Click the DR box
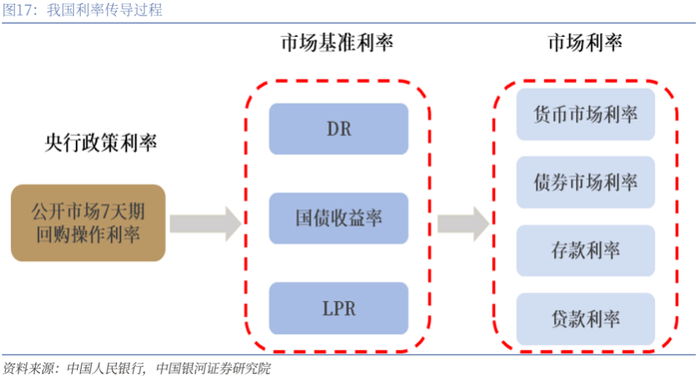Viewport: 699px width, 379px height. point(339,129)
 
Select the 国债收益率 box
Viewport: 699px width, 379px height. point(339,218)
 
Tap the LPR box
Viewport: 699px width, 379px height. point(339,308)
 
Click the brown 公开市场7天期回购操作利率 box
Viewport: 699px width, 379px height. point(88,222)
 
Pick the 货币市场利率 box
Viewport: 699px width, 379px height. point(585,115)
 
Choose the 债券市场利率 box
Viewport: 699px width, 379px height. point(585,183)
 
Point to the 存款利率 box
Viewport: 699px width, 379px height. point(585,250)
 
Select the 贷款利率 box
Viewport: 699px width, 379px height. point(585,319)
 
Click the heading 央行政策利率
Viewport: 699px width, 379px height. point(101,143)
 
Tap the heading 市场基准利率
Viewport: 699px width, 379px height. point(338,43)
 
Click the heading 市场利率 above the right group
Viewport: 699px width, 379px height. point(585,43)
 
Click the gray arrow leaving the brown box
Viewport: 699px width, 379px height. point(206,223)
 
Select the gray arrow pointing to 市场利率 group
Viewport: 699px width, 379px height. point(463,223)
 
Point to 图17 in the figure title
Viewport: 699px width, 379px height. point(17,10)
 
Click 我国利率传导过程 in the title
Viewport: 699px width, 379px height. point(104,10)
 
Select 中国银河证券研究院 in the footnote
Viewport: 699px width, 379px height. point(214,369)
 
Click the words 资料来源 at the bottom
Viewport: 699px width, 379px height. point(28,369)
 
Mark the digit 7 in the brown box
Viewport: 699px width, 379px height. point(106,212)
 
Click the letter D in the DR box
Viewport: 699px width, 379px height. point(334,129)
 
